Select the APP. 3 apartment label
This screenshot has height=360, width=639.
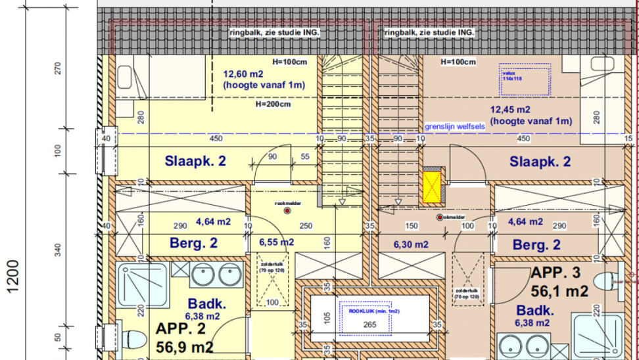point(559,282)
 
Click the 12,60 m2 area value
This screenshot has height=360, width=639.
point(243,74)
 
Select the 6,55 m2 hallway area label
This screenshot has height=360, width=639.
point(277,242)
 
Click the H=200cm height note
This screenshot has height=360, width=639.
point(273,104)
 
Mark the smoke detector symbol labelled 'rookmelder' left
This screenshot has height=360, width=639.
point(287,212)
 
